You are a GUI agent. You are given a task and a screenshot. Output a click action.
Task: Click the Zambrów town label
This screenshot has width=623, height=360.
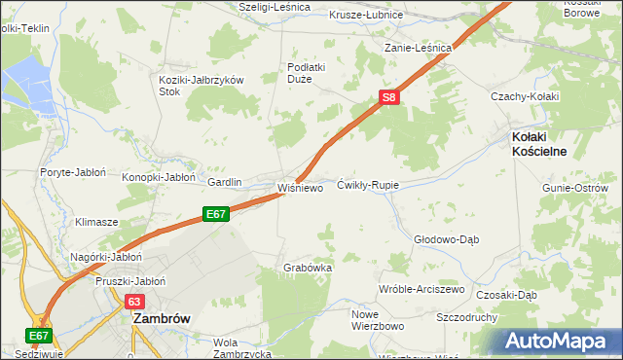point(161,317)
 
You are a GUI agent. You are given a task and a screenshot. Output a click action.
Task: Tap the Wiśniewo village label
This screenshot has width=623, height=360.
point(300,188)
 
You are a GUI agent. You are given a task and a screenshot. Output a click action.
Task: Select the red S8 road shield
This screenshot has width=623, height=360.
point(388,97)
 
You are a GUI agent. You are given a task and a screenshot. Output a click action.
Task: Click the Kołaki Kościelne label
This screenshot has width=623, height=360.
point(539,144)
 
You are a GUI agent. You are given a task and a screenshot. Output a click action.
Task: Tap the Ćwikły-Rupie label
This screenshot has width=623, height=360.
point(368,184)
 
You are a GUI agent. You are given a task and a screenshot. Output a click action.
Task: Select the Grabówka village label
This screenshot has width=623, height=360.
point(308,267)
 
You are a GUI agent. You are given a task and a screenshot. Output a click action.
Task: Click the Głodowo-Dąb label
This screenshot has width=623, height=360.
point(447,238)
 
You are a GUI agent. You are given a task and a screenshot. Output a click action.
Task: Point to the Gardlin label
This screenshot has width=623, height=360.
point(225,182)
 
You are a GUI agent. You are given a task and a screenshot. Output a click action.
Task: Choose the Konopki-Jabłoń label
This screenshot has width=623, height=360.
point(159,178)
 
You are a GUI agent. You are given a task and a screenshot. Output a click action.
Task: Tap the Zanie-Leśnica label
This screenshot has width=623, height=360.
point(419,48)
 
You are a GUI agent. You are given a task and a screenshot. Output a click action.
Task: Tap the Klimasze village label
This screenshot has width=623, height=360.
point(97,222)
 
